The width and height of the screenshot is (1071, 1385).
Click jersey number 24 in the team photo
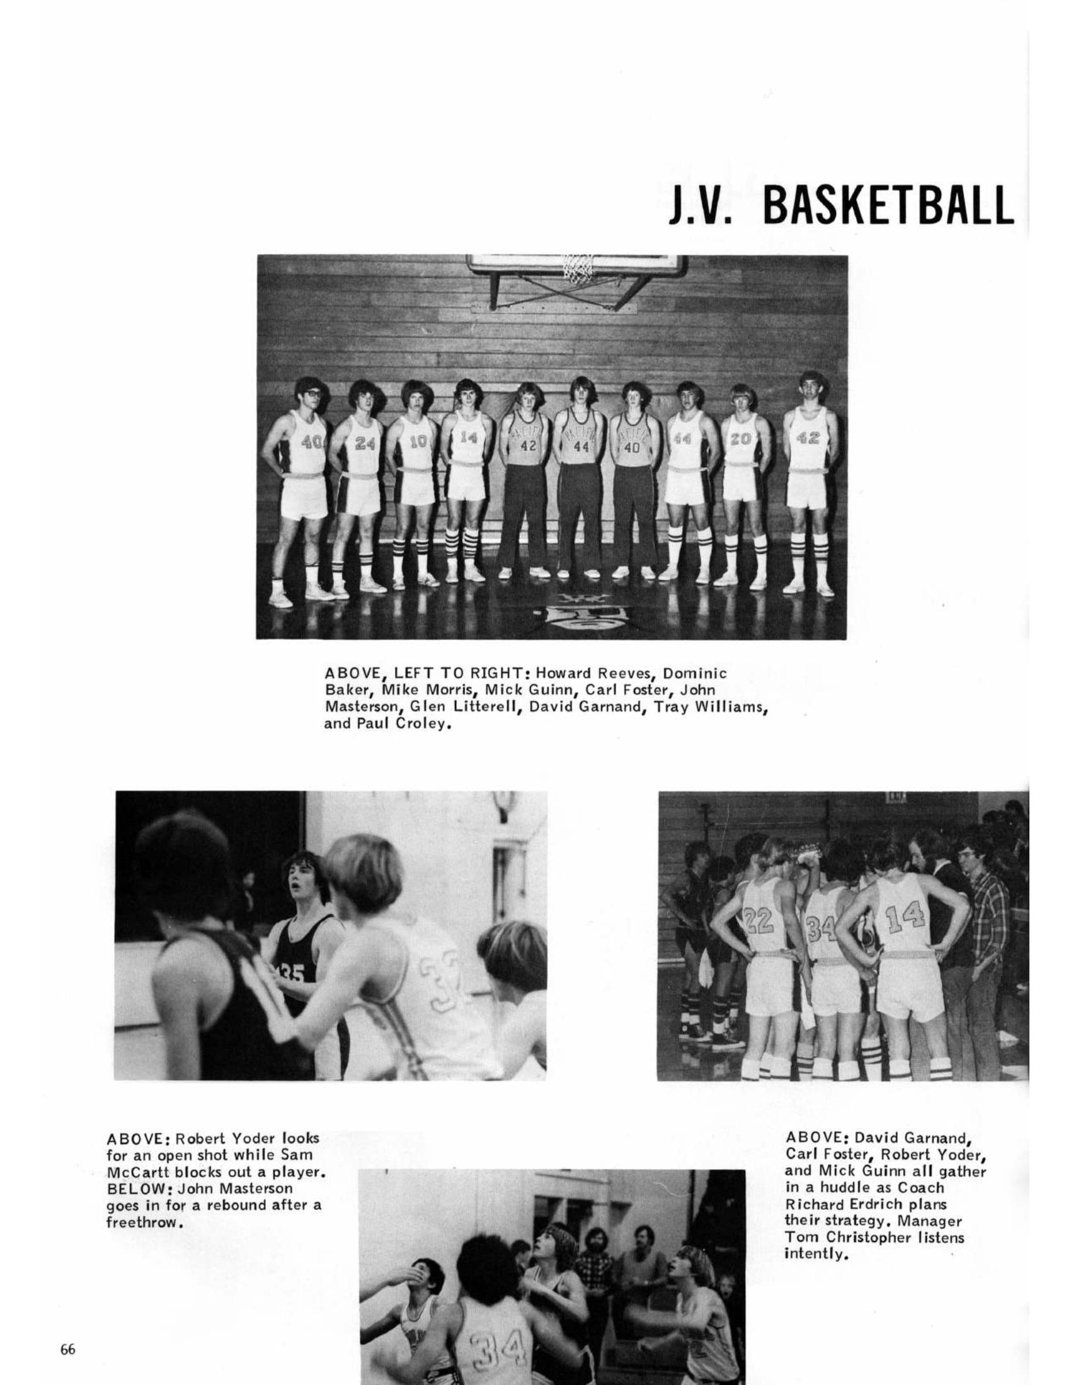364,443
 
